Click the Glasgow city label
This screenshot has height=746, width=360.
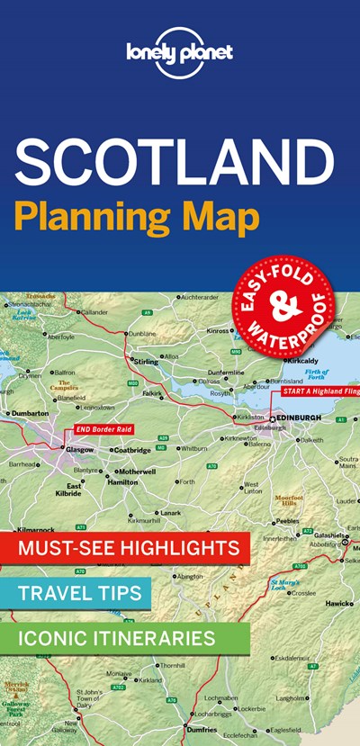(79, 449)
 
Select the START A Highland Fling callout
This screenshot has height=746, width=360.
(319, 391)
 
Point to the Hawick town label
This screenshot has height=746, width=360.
(338, 603)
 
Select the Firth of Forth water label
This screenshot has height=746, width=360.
(316, 373)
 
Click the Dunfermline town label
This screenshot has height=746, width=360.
(225, 372)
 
